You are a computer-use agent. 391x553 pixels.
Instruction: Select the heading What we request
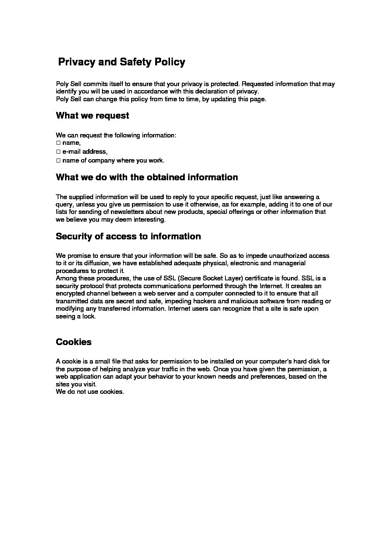(92, 116)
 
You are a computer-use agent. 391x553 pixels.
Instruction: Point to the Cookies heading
(74, 342)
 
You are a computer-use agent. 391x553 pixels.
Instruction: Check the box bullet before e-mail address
(58, 151)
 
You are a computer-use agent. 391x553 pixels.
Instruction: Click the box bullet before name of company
(58, 160)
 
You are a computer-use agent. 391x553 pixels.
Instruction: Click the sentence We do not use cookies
(90, 392)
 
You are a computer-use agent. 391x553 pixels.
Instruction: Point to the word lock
(88, 316)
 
